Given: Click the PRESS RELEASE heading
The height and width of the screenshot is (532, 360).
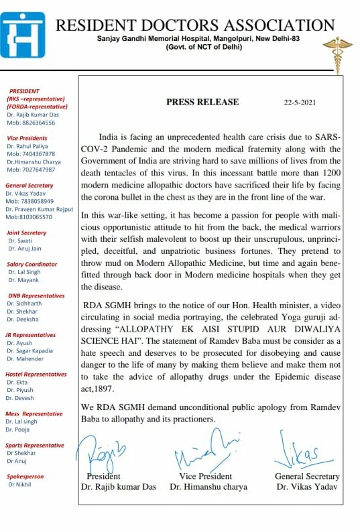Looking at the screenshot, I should tap(202, 103).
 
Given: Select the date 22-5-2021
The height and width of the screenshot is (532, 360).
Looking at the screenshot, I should tap(300, 103).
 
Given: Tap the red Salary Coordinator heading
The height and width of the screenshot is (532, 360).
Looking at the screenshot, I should tap(32, 264).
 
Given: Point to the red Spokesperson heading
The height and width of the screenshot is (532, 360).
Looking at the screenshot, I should tap(25, 476).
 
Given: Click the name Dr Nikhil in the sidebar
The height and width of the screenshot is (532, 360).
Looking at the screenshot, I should tap(21, 484).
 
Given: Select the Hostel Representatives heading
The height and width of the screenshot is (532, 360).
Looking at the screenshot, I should tap(36, 374).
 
